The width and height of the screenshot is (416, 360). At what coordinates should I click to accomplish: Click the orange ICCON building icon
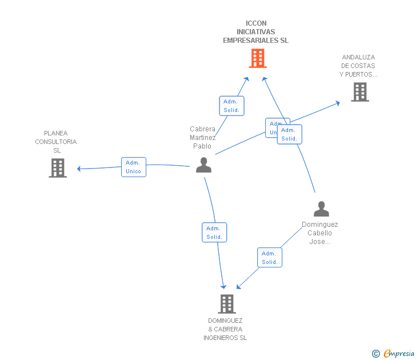click(x=258, y=58)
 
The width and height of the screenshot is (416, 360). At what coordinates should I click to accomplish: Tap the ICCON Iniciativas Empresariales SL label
click(x=255, y=32)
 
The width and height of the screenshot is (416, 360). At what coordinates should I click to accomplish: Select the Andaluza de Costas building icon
click(x=359, y=92)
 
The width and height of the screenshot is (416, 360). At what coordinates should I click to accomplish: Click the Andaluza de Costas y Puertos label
click(x=358, y=66)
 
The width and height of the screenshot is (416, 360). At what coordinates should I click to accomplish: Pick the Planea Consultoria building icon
click(x=58, y=168)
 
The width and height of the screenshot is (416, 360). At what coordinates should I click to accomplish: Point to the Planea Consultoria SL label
click(x=56, y=142)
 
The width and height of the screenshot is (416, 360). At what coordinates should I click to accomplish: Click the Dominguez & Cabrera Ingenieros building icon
click(x=227, y=304)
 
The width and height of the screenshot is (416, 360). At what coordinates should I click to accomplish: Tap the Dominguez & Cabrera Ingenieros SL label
click(x=225, y=329)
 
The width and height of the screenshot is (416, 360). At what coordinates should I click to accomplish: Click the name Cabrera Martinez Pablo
click(x=203, y=138)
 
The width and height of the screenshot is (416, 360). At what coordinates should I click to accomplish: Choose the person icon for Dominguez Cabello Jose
click(x=321, y=209)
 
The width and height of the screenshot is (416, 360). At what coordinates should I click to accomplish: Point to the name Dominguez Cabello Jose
click(x=320, y=233)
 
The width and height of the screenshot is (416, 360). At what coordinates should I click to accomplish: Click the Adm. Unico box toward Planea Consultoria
click(x=134, y=167)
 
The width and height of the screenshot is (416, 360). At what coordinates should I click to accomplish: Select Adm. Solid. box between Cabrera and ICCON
click(x=231, y=106)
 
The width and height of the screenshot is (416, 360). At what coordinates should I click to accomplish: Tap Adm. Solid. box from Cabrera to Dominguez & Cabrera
click(x=214, y=233)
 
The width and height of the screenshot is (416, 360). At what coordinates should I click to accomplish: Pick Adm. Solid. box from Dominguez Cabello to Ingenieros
click(x=270, y=258)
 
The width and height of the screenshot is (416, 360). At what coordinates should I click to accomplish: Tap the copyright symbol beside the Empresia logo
click(x=376, y=354)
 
